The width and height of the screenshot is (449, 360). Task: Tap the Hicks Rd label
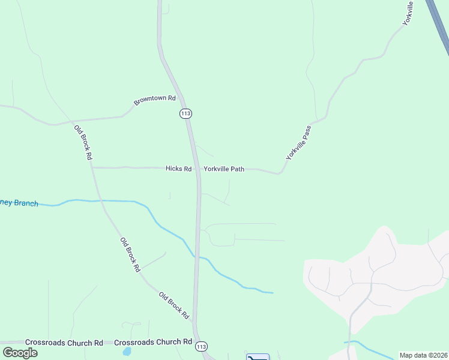tap(178, 169)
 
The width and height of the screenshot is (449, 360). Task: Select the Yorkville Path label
tap(224, 169)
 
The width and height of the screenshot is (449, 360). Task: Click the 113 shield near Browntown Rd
tap(185, 113)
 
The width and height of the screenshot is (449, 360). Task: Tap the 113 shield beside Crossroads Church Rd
tap(202, 347)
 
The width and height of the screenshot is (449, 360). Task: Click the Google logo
tap(20, 352)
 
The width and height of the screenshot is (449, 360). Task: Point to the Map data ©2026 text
tap(423, 355)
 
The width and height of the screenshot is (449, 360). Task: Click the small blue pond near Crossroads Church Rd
tap(126, 351)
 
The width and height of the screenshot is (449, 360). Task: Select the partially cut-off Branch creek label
tap(19, 203)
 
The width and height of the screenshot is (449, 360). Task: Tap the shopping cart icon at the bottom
tap(258, 358)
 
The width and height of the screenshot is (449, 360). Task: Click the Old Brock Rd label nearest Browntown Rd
tap(83, 142)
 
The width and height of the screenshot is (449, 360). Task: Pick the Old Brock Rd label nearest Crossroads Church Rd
tap(174, 305)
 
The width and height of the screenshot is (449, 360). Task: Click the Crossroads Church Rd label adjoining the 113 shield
tap(153, 342)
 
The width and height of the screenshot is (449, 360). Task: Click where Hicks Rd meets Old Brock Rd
tap(92, 168)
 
